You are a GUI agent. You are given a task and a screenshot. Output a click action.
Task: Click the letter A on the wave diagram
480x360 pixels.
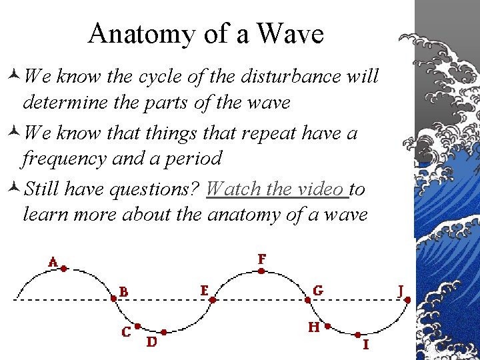53,262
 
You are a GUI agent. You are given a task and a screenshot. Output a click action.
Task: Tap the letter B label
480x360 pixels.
124,291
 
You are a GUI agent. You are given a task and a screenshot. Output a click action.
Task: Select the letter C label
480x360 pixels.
125,332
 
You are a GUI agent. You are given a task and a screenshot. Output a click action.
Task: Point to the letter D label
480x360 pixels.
151,341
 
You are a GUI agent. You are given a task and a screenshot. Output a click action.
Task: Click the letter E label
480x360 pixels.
205,291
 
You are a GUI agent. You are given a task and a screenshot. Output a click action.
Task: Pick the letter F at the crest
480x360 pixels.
262,258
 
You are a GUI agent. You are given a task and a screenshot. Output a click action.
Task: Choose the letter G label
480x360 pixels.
318,291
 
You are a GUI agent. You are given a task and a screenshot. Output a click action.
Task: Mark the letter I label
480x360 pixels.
365,345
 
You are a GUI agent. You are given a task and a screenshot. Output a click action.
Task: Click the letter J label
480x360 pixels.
401,290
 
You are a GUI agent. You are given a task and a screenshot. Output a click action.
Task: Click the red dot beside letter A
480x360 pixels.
64,269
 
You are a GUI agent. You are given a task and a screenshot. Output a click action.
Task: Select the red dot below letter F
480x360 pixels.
261,271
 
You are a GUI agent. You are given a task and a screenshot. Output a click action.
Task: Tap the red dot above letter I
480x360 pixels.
357,334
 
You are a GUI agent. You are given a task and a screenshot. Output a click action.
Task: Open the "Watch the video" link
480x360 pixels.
277,189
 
